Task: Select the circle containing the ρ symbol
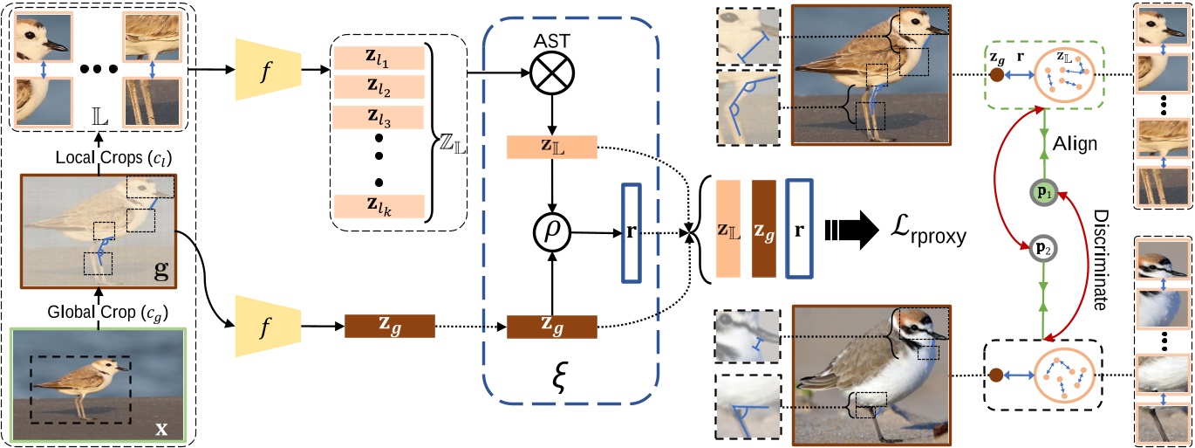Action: coord(551,232)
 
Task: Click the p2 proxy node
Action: coord(1043,247)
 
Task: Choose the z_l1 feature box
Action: coord(378,57)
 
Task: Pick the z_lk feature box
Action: coord(378,206)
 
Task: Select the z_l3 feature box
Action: coord(378,116)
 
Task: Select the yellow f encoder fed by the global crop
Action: coord(269,326)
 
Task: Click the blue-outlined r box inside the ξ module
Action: coord(632,232)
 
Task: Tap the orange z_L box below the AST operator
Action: coord(551,148)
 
